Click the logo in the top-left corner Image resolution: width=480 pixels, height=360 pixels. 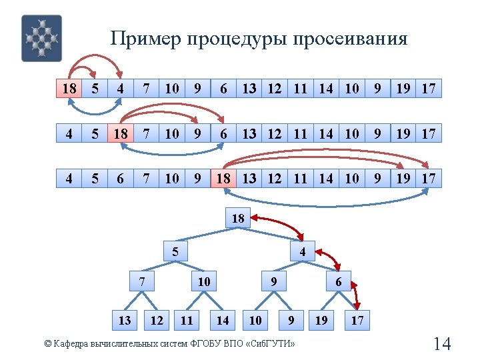[41, 38]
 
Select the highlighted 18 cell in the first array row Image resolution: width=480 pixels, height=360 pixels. [68, 89]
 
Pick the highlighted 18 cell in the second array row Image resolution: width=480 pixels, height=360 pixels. [120, 134]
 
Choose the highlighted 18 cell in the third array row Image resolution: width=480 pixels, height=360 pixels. [223, 179]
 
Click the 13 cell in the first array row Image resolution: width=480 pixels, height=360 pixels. [249, 89]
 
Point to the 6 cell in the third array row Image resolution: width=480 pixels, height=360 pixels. [120, 179]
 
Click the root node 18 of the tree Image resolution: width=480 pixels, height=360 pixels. [238, 218]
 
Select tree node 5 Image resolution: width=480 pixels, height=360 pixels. [175, 252]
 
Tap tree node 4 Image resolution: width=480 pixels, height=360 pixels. [303, 252]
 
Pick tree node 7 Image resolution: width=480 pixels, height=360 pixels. [142, 281]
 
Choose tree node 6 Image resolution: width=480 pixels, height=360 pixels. [339, 281]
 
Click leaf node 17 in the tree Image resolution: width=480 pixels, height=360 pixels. [357, 321]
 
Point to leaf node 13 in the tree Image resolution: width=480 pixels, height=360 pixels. [125, 321]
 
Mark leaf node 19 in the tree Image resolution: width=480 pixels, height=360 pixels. [321, 321]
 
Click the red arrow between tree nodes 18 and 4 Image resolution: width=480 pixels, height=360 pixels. [279, 224]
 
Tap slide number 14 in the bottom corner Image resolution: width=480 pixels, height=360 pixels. [442, 344]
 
